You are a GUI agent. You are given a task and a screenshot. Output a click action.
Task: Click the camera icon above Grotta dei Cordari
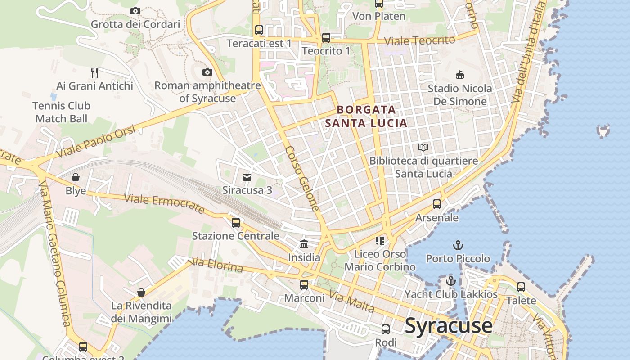pos(135,11)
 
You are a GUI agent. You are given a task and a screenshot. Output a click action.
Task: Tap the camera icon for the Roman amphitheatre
pos(207,72)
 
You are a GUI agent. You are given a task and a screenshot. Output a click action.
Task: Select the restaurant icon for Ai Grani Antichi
pos(94,72)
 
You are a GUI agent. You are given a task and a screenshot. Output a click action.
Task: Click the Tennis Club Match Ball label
pos(61,112)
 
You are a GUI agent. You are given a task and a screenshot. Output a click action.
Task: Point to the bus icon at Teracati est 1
pos(259,30)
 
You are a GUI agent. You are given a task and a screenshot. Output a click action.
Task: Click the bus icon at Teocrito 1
pos(326,38)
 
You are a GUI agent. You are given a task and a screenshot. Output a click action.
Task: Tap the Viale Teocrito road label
pos(419,40)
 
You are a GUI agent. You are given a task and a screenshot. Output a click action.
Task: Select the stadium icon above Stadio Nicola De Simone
pos(460,74)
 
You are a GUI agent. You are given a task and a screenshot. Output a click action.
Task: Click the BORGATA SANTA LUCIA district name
pos(366,116)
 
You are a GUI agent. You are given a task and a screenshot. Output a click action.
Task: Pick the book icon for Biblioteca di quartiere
pos(423,147)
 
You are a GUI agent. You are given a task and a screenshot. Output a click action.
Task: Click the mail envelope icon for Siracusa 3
pos(247,177)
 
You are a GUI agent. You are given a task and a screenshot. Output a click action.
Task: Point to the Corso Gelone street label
pos(302,179)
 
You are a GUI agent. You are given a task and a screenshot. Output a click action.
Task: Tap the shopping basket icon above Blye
pos(76,177)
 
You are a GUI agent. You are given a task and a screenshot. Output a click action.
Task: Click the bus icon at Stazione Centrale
pos(236,222)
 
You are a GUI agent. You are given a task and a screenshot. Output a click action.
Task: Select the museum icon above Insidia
pos(304,244)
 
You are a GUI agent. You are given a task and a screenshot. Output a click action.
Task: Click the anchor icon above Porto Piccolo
pos(458,245)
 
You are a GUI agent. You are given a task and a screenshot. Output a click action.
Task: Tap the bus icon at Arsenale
pos(436,204)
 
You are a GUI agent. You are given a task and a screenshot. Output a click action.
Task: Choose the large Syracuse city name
pos(449,326)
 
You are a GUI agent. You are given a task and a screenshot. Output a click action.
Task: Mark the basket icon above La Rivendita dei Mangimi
pos(141,292)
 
